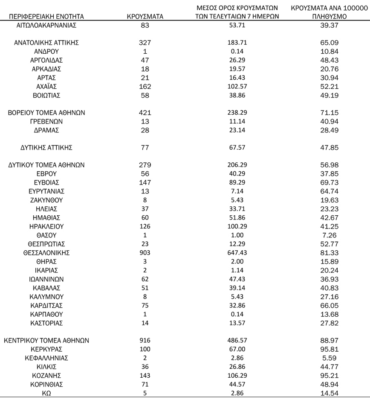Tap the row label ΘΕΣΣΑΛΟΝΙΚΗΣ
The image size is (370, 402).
pos(46,253)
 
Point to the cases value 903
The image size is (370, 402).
pos(145,253)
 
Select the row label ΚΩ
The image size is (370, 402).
pos(46,393)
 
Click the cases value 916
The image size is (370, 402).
pos(145,340)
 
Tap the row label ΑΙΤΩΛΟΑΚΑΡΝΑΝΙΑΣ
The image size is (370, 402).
pos(46,25)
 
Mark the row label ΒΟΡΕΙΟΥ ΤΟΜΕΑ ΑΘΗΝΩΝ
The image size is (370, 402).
pos(46,113)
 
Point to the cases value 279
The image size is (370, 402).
pos(145,165)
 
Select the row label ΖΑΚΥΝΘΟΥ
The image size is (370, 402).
pos(46,200)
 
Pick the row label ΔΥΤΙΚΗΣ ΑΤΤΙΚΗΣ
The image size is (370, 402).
pos(46,147)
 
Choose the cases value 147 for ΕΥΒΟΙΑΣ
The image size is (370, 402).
pos(145,182)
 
